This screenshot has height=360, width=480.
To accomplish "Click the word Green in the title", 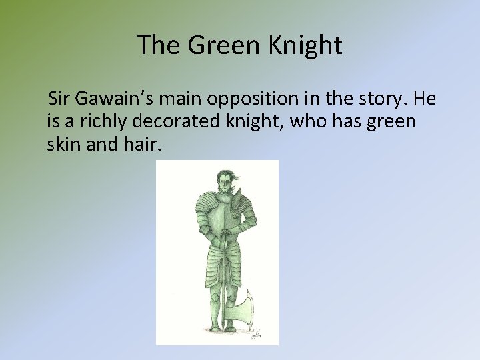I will [213, 45].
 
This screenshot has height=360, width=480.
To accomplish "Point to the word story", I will [384, 101].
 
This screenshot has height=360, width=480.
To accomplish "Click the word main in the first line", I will [177, 101].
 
